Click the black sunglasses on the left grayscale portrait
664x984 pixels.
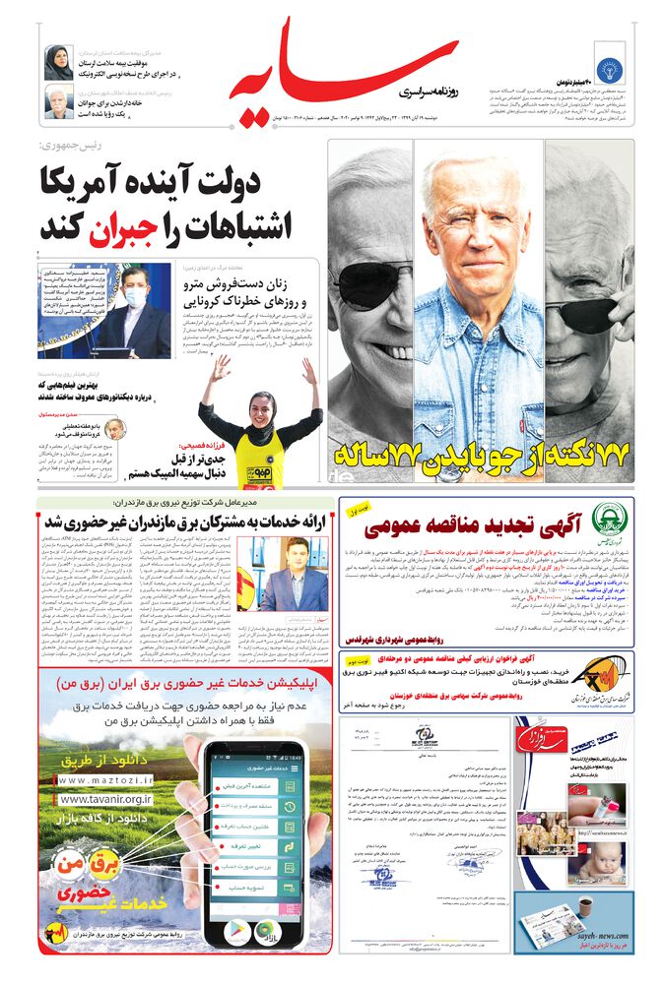click(371, 283)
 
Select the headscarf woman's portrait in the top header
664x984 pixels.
click(58, 63)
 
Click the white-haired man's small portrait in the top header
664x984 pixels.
click(58, 102)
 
